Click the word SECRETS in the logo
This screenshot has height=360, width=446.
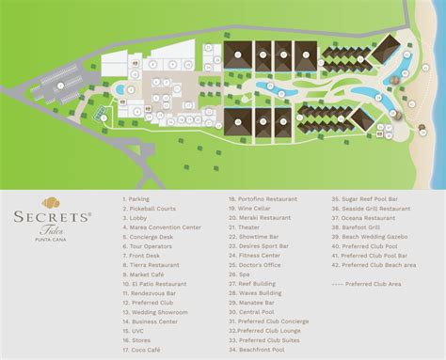(x=48, y=217)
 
